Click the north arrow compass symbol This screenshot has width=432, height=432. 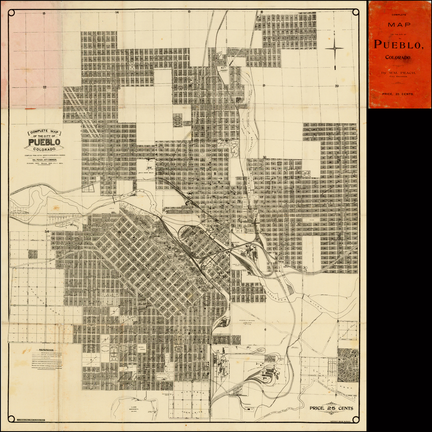click(x=335, y=49)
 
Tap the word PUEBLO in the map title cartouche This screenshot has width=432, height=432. click(x=44, y=142)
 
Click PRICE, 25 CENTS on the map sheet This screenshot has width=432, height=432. click(x=331, y=408)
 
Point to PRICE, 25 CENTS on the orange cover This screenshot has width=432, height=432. click(x=399, y=95)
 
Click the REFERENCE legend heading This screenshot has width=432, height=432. click(x=46, y=350)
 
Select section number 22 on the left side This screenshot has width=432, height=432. click(x=44, y=87)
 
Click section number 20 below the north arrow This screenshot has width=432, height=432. click(x=337, y=86)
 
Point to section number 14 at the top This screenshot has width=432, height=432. click(x=117, y=13)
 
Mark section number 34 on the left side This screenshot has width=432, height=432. click(x=47, y=232)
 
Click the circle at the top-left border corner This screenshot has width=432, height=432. click(x=11, y=13)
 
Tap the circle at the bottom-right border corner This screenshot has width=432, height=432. click(x=356, y=419)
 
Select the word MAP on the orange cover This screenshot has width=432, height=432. click(x=399, y=25)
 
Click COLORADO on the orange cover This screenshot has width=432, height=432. click(x=399, y=57)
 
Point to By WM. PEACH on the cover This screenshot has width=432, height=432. click(x=399, y=73)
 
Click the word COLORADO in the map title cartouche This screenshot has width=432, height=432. click(x=44, y=149)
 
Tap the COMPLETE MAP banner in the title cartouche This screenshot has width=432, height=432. click(x=44, y=132)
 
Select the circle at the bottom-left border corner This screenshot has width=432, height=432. click(x=11, y=419)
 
